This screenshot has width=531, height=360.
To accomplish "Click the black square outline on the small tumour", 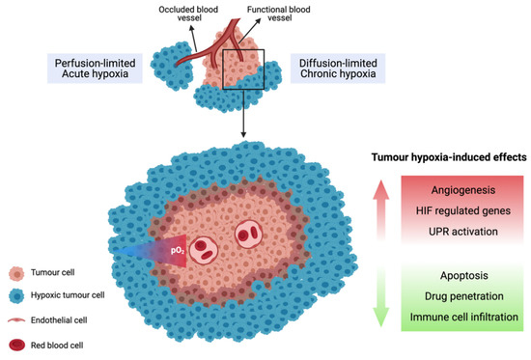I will tap(242, 77).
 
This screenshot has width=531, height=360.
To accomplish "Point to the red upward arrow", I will tap(381, 208).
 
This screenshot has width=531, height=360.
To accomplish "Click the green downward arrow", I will tap(381, 294).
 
